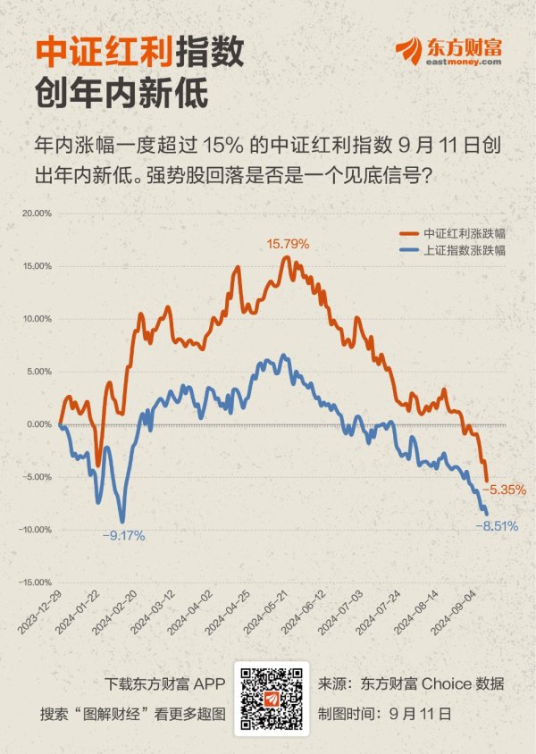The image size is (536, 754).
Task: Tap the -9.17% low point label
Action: pyautogui.click(x=123, y=536)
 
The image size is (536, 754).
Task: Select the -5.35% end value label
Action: pyautogui.click(x=504, y=490)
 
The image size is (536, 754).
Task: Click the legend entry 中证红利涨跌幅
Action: pyautogui.click(x=465, y=234)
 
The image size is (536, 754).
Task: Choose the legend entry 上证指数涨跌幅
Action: pyautogui.click(x=465, y=251)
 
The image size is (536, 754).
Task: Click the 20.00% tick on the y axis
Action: pyautogui.click(x=37, y=214)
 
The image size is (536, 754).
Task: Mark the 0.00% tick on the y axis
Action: pyautogui.click(x=38, y=424)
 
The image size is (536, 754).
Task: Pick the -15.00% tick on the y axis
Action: pyautogui.click(x=35, y=582)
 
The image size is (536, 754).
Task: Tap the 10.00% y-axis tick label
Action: pyautogui.click(x=37, y=319)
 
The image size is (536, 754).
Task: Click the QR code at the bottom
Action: pyautogui.click(x=271, y=699)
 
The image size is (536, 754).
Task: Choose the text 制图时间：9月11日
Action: pyautogui.click(x=385, y=714)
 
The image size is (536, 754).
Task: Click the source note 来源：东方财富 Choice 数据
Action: pyautogui.click(x=411, y=684)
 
